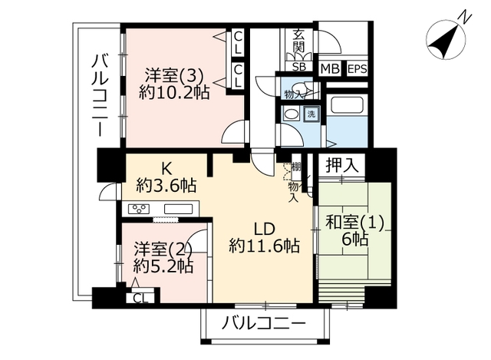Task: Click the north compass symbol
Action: point(447,40)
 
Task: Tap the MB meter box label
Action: point(331,68)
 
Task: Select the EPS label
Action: point(358,68)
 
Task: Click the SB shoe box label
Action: point(298,67)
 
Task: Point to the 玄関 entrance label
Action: point(298,41)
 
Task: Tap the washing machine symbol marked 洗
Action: point(311,114)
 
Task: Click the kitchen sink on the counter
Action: point(179,209)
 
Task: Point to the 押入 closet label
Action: point(341,165)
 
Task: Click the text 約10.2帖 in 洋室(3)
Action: point(174,92)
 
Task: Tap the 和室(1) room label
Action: point(354,223)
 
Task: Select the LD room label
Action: point(265,230)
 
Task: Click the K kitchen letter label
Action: point(166,170)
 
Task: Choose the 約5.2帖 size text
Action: point(163,266)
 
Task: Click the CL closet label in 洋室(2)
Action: point(140,298)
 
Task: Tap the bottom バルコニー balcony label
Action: point(263,324)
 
